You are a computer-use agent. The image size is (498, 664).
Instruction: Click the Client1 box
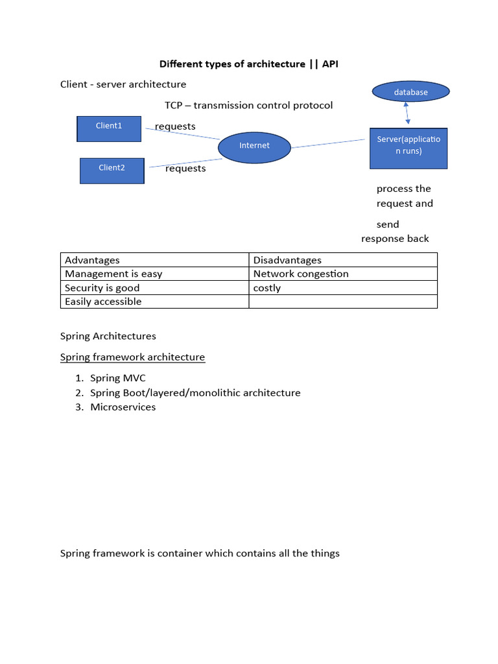pos(109,128)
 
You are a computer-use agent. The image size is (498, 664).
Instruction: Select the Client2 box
pos(112,171)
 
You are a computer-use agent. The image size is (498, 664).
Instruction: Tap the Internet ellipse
pos(254,147)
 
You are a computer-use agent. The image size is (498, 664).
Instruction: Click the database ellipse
pos(410,92)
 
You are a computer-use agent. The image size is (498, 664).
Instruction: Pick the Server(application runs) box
pos(409,148)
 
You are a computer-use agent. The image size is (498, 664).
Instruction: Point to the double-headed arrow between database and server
pos(407,114)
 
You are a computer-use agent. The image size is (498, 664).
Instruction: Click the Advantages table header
pos(93,260)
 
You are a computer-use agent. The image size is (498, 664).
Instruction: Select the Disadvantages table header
pos(287,260)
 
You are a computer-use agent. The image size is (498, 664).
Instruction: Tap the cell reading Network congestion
pos(301,274)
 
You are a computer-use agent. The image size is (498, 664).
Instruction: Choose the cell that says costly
pos(267,288)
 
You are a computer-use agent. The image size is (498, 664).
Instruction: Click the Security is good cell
pos(102,288)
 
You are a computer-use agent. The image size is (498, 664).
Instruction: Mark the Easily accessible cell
pos(103,302)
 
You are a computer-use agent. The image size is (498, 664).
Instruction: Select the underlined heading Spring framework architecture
pos(132,357)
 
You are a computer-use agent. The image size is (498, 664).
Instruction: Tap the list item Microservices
pos(123,407)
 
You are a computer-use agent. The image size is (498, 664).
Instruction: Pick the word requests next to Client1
pos(175,126)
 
